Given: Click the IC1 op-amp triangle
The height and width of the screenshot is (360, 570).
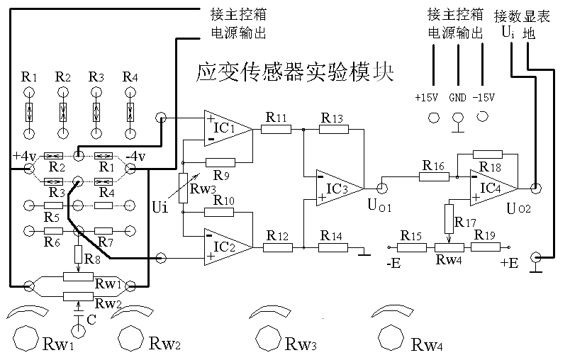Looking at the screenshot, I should tap(226, 128).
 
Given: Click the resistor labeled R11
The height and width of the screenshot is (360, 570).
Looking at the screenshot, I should tap(275, 129).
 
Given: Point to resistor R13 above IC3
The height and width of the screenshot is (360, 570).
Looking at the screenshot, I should tap(334, 129).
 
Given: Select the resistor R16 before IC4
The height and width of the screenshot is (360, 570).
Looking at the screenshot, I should tap(432, 176).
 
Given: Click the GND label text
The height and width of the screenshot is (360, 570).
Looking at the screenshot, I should tap(457, 97).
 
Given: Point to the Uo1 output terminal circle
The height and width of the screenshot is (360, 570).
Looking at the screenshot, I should tap(382, 188).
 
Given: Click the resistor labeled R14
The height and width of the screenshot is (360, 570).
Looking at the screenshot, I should tap(333, 247).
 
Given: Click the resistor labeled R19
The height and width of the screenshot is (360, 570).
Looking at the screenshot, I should tap(486, 247).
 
